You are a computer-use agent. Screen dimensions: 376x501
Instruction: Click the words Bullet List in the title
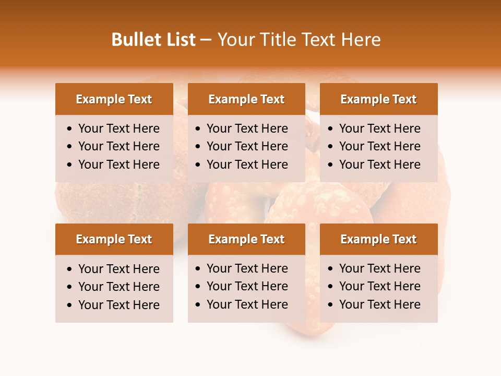(x=153, y=40)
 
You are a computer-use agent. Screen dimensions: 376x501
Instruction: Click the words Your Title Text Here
(x=299, y=40)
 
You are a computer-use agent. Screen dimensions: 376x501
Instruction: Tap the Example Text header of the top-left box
(x=114, y=99)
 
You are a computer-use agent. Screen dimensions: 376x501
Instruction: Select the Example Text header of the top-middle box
(x=246, y=99)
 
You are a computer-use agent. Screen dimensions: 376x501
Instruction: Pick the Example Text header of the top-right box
(x=378, y=99)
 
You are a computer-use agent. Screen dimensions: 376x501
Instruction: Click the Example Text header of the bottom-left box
(x=114, y=239)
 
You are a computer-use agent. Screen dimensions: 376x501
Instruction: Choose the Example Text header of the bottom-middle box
(x=246, y=239)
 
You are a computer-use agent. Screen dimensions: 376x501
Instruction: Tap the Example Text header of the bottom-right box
(x=378, y=239)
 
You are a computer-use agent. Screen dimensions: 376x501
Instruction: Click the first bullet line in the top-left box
(x=119, y=128)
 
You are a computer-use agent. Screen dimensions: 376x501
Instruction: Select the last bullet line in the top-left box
(x=119, y=164)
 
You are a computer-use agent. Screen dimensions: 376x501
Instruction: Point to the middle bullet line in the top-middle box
(x=247, y=146)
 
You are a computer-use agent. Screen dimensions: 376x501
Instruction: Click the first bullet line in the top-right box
(x=380, y=128)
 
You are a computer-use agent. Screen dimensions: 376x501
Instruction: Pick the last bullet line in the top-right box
(x=380, y=164)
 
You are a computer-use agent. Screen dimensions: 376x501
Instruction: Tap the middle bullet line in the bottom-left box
(x=119, y=287)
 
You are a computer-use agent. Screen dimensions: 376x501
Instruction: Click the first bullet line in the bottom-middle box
(x=247, y=268)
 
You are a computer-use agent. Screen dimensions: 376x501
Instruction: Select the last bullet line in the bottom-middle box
(x=247, y=304)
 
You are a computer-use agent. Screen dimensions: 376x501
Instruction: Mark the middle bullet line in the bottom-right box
(x=380, y=286)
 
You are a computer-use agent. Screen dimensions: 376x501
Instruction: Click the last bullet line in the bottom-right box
(x=380, y=304)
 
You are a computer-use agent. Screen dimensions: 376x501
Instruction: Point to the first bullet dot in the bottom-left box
(x=70, y=269)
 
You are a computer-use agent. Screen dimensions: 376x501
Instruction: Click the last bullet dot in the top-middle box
(x=198, y=165)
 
